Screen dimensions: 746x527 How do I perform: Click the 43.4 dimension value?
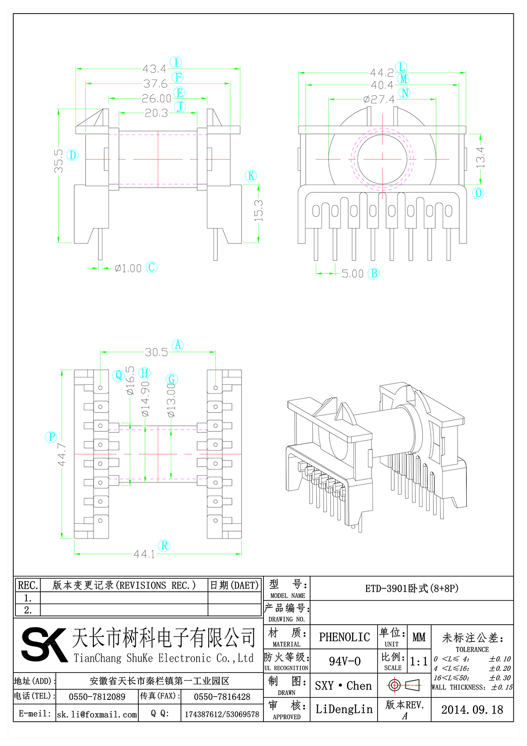click(154, 69)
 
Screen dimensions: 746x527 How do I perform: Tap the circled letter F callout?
click(178, 77)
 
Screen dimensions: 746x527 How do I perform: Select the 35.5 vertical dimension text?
click(58, 161)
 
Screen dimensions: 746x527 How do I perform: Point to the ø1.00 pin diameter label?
click(128, 268)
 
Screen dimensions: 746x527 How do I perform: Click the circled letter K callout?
click(251, 176)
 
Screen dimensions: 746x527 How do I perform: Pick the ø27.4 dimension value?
click(379, 100)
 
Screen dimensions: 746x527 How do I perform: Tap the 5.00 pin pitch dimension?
click(353, 274)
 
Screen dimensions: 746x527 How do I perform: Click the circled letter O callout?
click(478, 193)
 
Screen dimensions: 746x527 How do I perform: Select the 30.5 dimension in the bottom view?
click(156, 352)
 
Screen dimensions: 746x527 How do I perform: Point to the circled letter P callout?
click(51, 437)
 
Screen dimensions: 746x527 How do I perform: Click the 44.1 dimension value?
click(144, 554)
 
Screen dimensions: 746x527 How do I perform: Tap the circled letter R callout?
click(164, 546)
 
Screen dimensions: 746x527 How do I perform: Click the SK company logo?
click(44, 645)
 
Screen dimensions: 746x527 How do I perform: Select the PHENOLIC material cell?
click(344, 637)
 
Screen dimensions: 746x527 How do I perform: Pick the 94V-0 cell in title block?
click(344, 661)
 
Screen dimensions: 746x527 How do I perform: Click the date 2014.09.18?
click(472, 710)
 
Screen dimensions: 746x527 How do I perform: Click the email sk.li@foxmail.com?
click(97, 714)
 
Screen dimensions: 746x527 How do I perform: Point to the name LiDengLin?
click(344, 709)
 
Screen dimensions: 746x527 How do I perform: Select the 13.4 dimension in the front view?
click(480, 157)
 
